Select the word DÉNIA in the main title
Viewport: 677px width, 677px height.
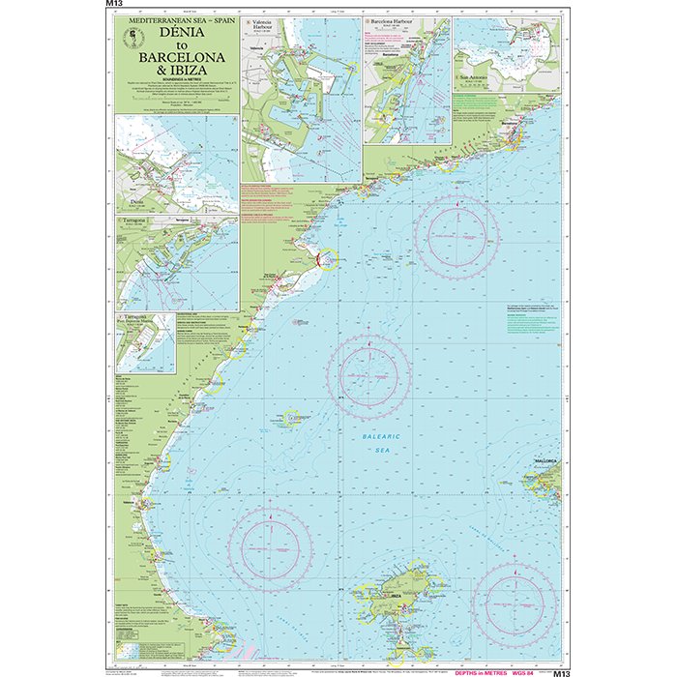179,32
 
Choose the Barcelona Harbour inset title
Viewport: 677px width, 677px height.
396,20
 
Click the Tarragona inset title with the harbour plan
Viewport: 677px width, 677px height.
132,222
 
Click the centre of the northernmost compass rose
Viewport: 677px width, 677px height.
456,238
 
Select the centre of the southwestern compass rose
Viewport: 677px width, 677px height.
270,548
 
